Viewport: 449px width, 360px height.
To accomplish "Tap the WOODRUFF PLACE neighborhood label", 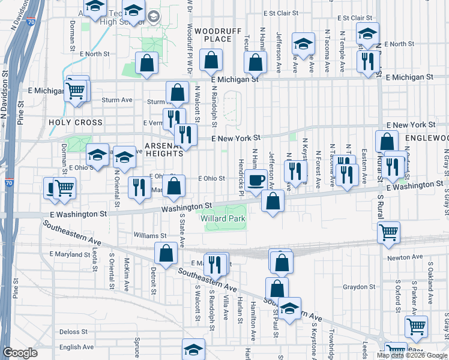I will (x=214, y=34).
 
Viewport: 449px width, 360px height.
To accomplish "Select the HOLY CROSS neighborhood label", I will (x=76, y=122).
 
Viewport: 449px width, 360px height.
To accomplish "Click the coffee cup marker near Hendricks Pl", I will (x=256, y=180).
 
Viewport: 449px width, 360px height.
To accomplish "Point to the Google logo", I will (x=20, y=353).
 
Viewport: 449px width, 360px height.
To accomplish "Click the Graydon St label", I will (x=359, y=287).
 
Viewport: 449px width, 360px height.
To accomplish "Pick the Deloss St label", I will (x=74, y=331).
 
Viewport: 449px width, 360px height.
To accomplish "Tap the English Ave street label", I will (x=76, y=347).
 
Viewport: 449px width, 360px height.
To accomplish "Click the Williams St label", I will (x=149, y=236).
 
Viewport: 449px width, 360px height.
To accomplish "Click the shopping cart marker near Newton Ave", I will (x=388, y=232).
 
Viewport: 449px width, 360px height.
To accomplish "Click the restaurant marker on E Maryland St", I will (x=214, y=263).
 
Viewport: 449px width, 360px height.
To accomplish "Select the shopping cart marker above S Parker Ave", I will (x=415, y=327).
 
